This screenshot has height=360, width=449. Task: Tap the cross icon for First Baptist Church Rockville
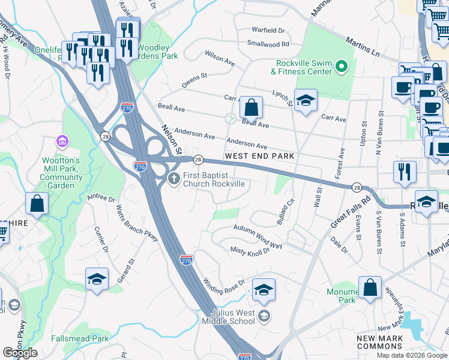174,178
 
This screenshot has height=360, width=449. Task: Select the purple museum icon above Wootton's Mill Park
62,142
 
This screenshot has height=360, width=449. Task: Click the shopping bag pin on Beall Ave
252,108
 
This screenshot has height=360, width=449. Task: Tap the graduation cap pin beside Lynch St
306,100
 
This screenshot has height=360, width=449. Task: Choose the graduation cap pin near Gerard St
97,280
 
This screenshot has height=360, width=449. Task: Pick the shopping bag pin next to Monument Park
370,287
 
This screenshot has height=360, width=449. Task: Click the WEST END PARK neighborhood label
259,156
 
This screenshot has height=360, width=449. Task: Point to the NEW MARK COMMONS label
383,343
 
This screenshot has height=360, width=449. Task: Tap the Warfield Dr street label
268,29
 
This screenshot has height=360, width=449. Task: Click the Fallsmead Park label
80,338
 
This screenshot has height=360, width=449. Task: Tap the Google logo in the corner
20,353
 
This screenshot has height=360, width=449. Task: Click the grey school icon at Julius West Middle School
264,314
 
